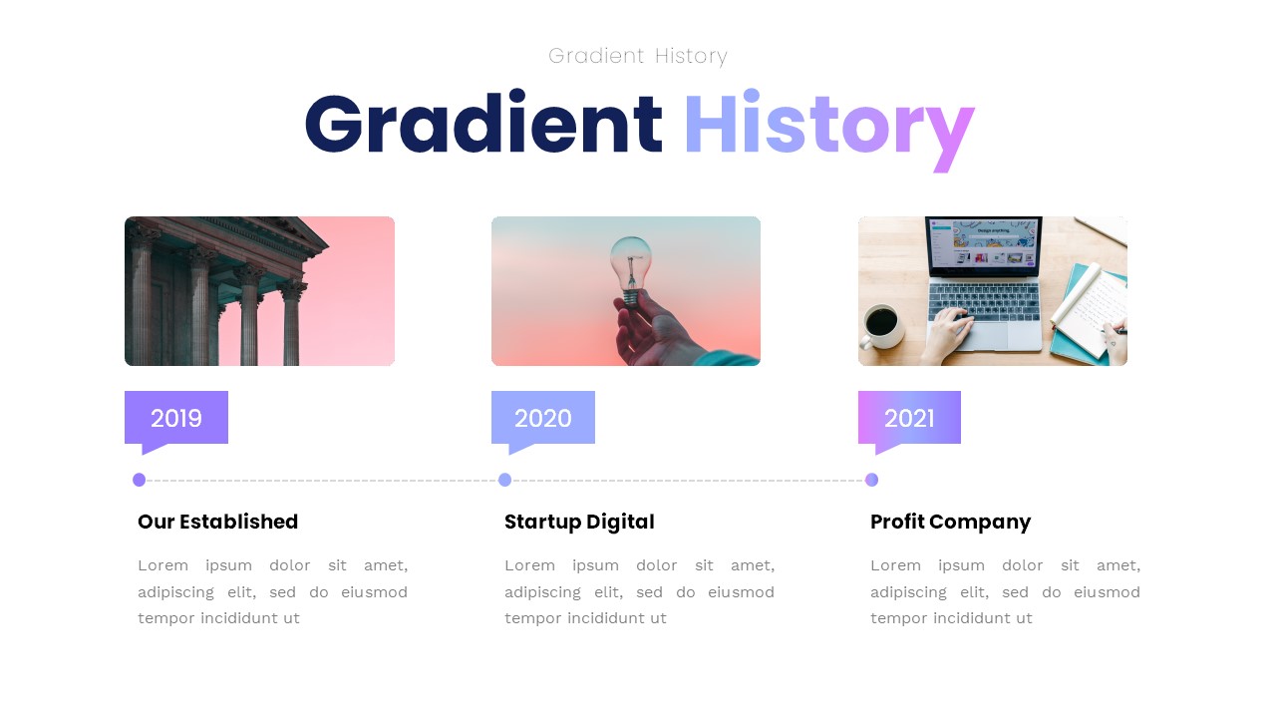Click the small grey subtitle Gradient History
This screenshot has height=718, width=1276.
pyautogui.click(x=638, y=56)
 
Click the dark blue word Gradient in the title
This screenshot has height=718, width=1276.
pyautogui.click(x=483, y=125)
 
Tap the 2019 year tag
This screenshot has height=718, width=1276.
pyautogui.click(x=176, y=418)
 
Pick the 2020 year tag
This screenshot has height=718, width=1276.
pyautogui.click(x=543, y=418)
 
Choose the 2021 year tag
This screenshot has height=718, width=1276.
pyautogui.click(x=909, y=418)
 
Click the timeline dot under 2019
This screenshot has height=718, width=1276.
pyautogui.click(x=139, y=480)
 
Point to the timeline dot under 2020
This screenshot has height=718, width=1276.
pyautogui.click(x=504, y=480)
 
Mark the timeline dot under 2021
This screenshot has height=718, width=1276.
pyautogui.click(x=871, y=480)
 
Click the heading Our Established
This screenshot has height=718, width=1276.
pyautogui.click(x=218, y=522)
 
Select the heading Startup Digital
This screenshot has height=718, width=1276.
pyautogui.click(x=579, y=522)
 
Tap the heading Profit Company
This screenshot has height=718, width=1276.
pyautogui.click(x=950, y=522)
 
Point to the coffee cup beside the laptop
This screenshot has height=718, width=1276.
pyautogui.click(x=881, y=323)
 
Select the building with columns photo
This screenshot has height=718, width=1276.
pyautogui.click(x=259, y=291)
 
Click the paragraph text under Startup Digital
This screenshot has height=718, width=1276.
pyautogui.click(x=639, y=591)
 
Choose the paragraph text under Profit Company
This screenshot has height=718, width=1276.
pyautogui.click(x=1005, y=591)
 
